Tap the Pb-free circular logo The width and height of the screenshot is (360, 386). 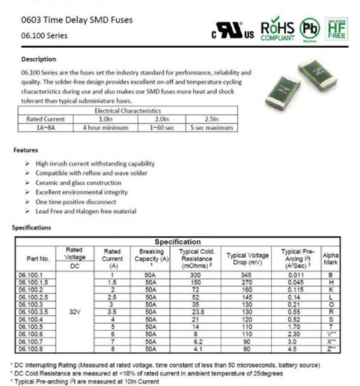click(310, 29)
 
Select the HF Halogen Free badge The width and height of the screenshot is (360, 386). click(337, 29)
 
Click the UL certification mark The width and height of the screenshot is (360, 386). click(233, 31)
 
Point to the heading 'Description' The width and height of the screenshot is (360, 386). click(39, 59)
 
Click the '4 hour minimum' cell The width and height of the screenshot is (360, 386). click(105, 128)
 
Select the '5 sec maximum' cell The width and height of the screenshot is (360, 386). click(211, 128)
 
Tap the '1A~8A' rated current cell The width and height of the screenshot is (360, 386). click(45, 128)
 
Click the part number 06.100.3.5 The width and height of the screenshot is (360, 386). click(34, 312)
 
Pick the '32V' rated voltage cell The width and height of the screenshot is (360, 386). click(75, 312)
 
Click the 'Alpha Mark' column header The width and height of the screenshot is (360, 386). click(331, 258)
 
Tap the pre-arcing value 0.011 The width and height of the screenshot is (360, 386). click(296, 275)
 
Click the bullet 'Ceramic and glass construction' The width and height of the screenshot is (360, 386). click(78, 183)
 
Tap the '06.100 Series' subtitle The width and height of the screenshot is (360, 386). click(44, 36)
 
